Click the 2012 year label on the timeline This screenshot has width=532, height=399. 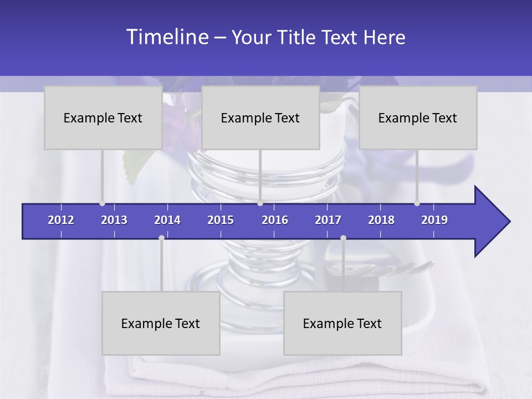pyautogui.click(x=61, y=220)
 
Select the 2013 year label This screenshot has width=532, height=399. pyautogui.click(x=114, y=220)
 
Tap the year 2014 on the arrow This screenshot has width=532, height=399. pyautogui.click(x=167, y=220)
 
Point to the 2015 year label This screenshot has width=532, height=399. pyautogui.click(x=221, y=220)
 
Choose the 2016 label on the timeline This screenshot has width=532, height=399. pyautogui.click(x=275, y=220)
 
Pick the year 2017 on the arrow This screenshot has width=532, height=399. pyautogui.click(x=328, y=220)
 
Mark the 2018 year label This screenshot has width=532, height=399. pyautogui.click(x=381, y=220)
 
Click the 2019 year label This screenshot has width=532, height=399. pyautogui.click(x=434, y=220)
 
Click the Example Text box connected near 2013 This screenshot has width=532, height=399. pyautogui.click(x=103, y=117)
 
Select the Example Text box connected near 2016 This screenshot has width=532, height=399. pyautogui.click(x=260, y=117)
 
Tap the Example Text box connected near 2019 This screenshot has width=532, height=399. pyautogui.click(x=418, y=117)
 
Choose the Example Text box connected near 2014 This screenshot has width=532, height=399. pyautogui.click(x=161, y=323)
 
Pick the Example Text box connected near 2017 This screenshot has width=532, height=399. pyautogui.click(x=342, y=323)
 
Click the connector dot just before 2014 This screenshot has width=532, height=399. pyautogui.click(x=161, y=238)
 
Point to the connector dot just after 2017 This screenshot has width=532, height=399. pyautogui.click(x=343, y=238)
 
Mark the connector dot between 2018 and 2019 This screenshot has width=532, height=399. pyautogui.click(x=417, y=203)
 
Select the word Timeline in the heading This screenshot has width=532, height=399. pyautogui.click(x=167, y=37)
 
